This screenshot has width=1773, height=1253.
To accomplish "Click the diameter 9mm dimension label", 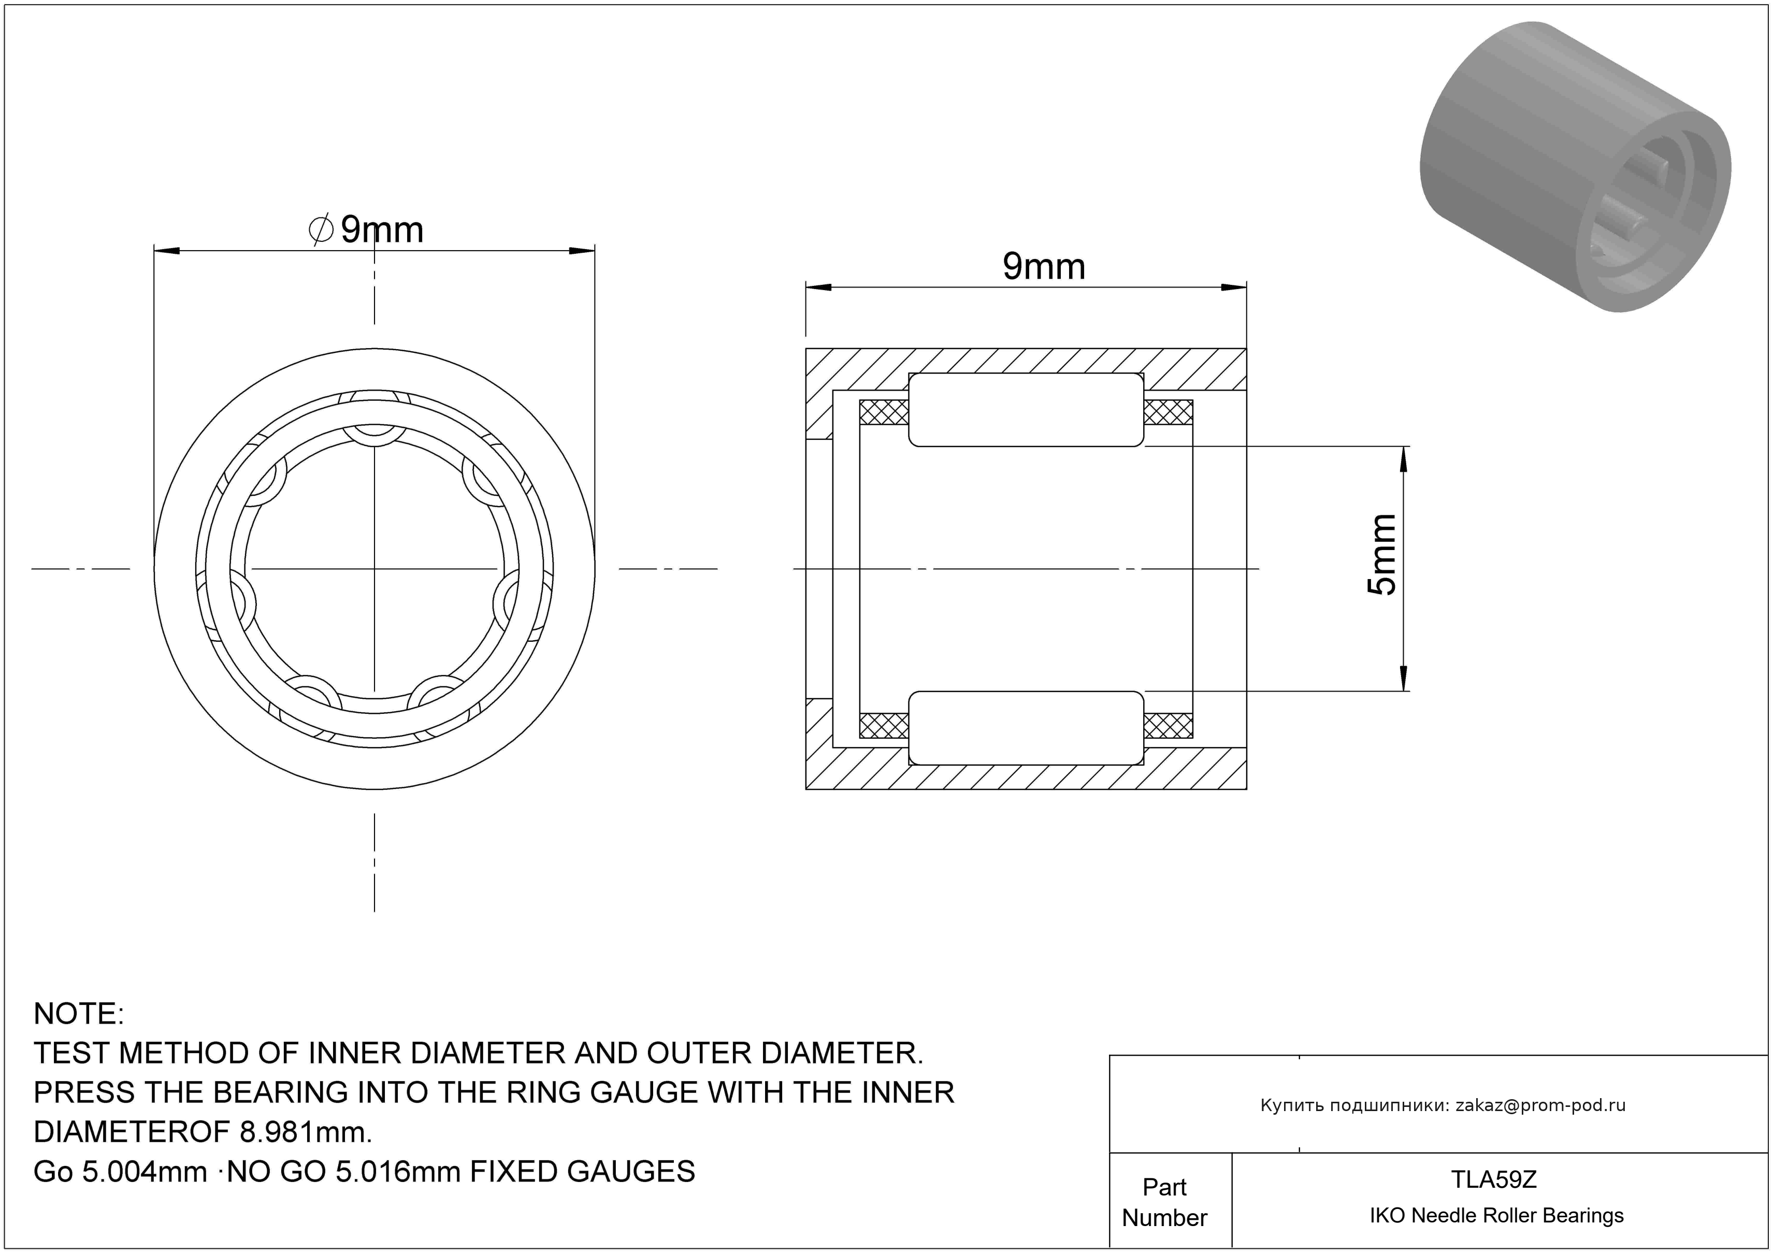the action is click(x=366, y=229).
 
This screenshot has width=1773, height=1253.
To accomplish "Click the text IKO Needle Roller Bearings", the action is click(x=1496, y=1216).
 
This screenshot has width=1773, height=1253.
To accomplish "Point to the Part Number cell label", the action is click(x=1164, y=1202).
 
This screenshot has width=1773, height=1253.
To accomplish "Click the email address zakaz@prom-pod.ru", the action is click(x=1540, y=1105).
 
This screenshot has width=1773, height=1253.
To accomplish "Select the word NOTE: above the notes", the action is click(x=79, y=1014).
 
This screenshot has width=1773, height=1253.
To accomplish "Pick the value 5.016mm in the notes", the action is click(x=401, y=1172).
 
